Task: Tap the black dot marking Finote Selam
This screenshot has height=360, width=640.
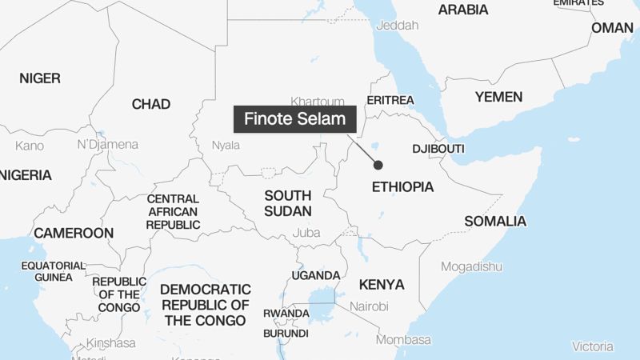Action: click(378, 165)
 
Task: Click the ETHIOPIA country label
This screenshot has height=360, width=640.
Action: click(403, 187)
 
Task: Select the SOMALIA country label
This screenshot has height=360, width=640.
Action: click(495, 221)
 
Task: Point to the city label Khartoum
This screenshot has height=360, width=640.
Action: click(318, 102)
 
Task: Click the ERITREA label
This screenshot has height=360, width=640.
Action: click(390, 100)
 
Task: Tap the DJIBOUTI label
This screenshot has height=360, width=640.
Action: click(438, 150)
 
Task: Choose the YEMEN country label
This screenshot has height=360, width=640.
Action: click(498, 97)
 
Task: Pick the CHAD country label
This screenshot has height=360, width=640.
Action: click(150, 104)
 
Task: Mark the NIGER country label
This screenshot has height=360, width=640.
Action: click(39, 78)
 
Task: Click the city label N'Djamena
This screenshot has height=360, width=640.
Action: click(107, 145)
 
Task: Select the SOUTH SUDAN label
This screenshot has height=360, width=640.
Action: click(288, 202)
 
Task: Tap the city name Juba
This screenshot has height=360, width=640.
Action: click(306, 232)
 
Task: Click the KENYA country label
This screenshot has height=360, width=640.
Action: click(382, 284)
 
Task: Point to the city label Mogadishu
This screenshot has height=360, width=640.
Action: click(471, 266)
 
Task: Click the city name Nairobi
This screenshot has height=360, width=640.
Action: click(368, 306)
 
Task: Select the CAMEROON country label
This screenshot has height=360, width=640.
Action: click(74, 233)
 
